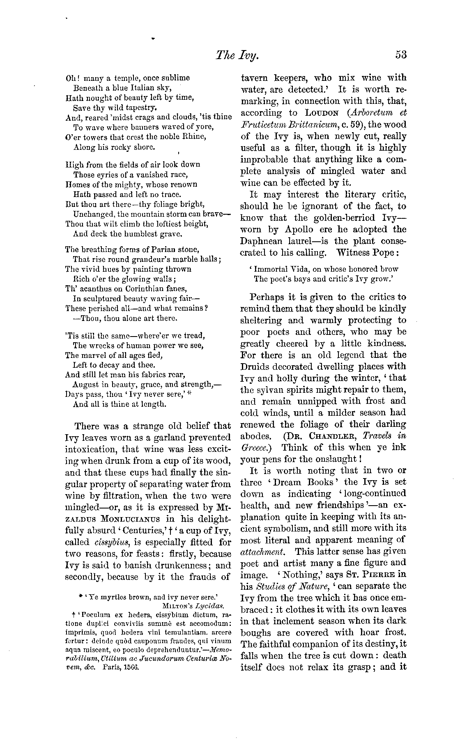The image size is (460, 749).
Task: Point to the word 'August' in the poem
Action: click(84, 385)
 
